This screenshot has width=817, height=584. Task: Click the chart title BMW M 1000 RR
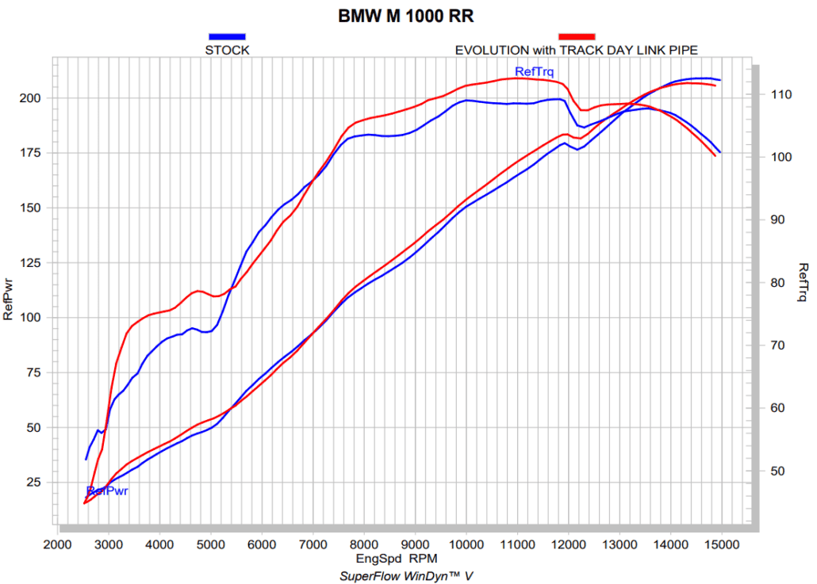click(407, 16)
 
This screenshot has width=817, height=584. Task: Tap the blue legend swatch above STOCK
click(227, 36)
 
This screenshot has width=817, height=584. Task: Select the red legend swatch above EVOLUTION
click(577, 36)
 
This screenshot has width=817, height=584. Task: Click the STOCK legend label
click(227, 50)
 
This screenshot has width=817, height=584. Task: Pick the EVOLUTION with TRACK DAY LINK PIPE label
click(576, 50)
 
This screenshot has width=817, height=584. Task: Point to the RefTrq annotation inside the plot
click(534, 72)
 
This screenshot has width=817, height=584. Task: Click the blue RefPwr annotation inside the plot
click(108, 490)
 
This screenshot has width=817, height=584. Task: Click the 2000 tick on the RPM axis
click(57, 544)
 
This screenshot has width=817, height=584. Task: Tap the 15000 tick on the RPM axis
click(721, 544)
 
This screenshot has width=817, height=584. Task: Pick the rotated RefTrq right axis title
click(803, 282)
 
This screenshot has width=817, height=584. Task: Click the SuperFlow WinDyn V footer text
click(405, 575)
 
